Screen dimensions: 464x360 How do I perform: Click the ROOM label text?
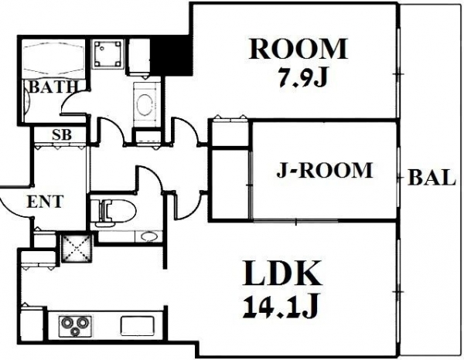coord(298,49)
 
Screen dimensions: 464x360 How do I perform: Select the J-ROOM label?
coord(324,170)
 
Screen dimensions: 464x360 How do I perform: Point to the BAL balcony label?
coord(432,178)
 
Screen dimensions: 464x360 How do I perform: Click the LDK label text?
coord(281,273)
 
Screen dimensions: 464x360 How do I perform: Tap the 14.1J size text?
coord(280,307)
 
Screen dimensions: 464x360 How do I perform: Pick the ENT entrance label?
coord(45,202)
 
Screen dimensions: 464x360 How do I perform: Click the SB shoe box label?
coord(62,134)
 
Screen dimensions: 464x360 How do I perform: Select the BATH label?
coord(53,87)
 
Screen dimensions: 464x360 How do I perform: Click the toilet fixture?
coord(114,210)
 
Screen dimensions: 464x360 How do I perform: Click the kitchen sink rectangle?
coord(138,326)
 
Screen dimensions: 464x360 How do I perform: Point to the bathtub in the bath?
coord(53,57)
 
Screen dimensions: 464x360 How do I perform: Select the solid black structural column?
coord(171,55)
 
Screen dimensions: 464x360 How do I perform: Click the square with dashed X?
coord(77,247)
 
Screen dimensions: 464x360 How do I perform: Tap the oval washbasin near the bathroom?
coord(146,104)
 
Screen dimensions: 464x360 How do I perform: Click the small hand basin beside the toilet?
coord(148,236)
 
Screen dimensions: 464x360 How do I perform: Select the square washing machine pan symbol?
coord(107,54)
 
